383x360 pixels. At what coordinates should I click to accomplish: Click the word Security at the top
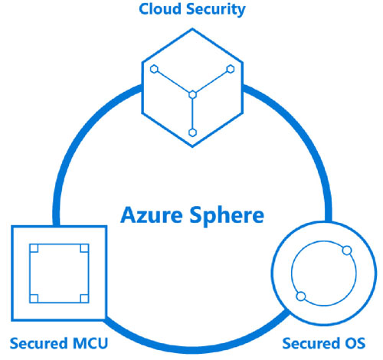click(216, 10)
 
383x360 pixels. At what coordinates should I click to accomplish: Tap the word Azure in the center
click(152, 214)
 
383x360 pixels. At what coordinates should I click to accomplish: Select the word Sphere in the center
click(227, 216)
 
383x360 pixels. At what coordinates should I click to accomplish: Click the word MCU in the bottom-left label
click(90, 343)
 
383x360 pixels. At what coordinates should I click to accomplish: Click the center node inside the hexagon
click(192, 95)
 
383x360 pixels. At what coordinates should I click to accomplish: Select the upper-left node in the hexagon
click(154, 69)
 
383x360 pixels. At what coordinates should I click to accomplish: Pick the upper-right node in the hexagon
click(231, 69)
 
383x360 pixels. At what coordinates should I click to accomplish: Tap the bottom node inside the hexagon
click(192, 133)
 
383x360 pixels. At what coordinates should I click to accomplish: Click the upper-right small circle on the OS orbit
click(347, 250)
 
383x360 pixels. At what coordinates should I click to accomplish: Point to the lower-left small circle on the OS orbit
click(301, 296)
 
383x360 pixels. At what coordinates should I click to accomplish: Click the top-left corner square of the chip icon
click(34, 248)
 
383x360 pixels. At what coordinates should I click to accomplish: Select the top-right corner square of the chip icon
click(84, 248)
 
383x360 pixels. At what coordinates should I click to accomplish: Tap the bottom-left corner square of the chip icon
click(34, 299)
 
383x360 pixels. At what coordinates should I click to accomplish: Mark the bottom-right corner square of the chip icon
click(84, 299)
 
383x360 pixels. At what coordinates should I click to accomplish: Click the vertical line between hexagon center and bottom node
click(192, 114)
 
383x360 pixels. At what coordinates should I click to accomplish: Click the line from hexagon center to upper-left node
click(173, 82)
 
